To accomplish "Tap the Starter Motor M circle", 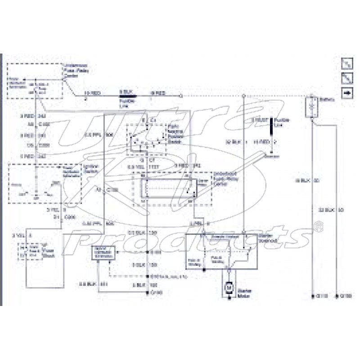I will [x=228, y=286].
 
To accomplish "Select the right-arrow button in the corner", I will [x=347, y=93].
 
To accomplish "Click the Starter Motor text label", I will [x=246, y=293].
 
